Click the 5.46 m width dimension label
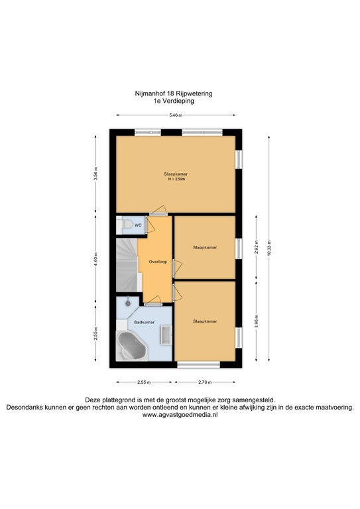coord(176,116)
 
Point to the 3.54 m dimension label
coord(95,174)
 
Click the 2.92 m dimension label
coord(256,247)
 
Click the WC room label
coord(138,225)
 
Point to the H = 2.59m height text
coord(176,179)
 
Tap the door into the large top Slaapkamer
coord(158,214)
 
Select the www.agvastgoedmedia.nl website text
coord(180,415)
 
